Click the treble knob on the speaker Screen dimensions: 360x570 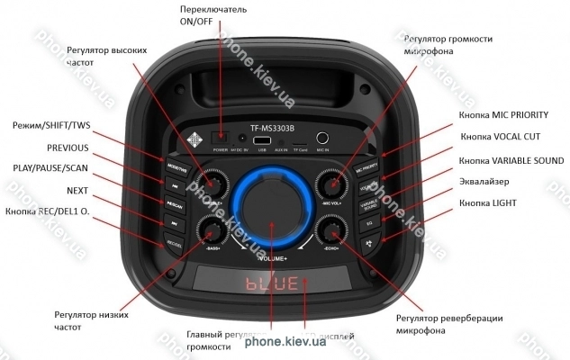pos(213,184)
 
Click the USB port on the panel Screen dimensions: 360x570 pos(262,140)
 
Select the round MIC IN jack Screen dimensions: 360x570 pos(321,139)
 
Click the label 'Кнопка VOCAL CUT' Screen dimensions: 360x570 pos(501,137)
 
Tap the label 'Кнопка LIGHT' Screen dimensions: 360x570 pos(494,202)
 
